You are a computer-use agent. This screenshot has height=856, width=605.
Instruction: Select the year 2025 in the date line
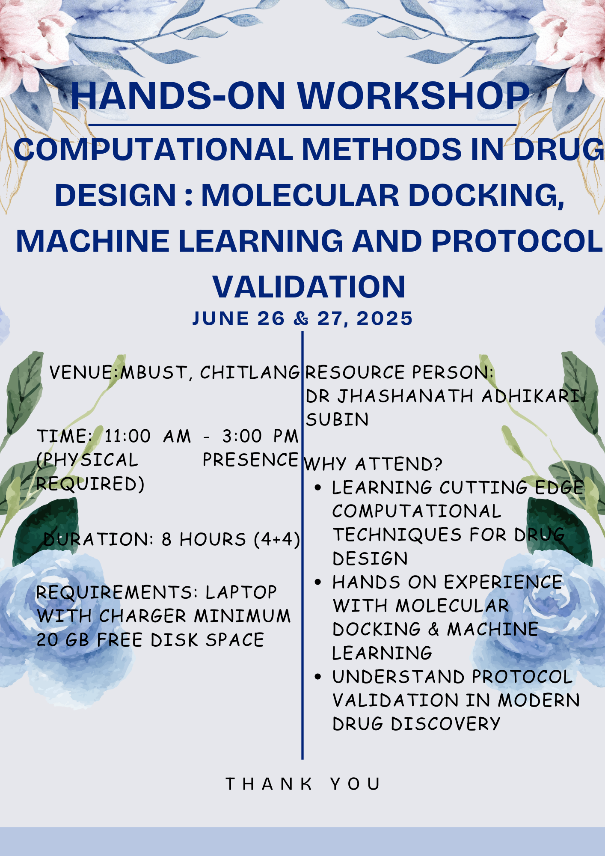coord(385,318)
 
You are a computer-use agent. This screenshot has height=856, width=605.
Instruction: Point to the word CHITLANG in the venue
coord(250,372)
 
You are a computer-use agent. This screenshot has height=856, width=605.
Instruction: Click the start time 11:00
coord(128,436)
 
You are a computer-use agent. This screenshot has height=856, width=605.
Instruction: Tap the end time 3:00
coord(242,436)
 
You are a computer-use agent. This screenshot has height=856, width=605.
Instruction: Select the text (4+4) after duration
coord(277,539)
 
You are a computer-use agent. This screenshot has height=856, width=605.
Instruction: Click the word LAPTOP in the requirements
coord(241,592)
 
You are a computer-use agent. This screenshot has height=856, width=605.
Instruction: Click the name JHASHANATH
coord(405,396)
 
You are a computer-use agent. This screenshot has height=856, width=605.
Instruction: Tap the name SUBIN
coord(337,419)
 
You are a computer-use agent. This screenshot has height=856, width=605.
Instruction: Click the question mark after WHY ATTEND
coord(437,464)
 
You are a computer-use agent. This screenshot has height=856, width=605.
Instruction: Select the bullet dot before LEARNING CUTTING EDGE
coord(317,487)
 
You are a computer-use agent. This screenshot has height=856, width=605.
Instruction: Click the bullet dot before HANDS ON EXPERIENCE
coord(317,582)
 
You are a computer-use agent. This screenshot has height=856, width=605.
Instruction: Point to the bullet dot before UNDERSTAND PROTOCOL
coord(317,677)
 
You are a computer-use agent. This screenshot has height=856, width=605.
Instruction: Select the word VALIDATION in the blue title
coord(309,287)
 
